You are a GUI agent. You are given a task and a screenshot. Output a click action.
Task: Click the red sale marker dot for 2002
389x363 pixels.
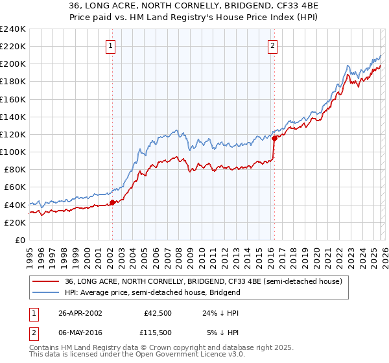pyautogui.click(x=112, y=202)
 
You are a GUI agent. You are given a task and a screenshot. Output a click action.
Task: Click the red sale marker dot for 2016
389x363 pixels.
pyautogui.click(x=274, y=138)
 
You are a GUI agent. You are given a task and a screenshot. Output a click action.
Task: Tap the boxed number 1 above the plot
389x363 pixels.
pyautogui.click(x=112, y=45)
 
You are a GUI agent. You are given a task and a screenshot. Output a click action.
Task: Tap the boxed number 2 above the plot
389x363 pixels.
pyautogui.click(x=273, y=45)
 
